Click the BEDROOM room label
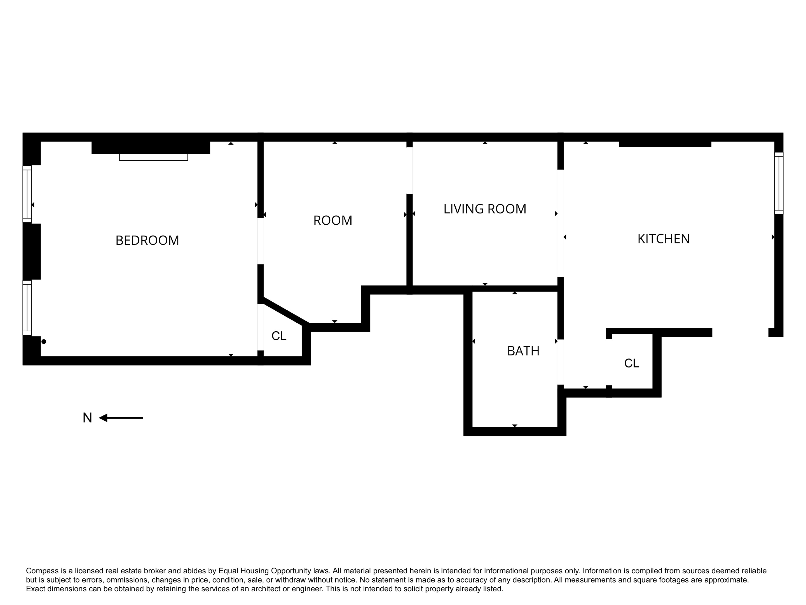pos(147,240)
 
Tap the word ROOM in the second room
pos(333,220)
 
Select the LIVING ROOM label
pos(485,209)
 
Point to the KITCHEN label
pos(664,239)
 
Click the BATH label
pos(523,351)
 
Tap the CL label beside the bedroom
pos(279,336)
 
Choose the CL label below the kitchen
pos(631,363)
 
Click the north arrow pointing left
pos(121,418)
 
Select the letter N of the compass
pos(87,418)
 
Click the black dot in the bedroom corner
pos(44,342)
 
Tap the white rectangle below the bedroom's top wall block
pos(153,157)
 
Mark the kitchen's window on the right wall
pos(779,183)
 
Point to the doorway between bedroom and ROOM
pos(261,241)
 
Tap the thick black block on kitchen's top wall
pos(665,144)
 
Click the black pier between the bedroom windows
pos(32,252)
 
